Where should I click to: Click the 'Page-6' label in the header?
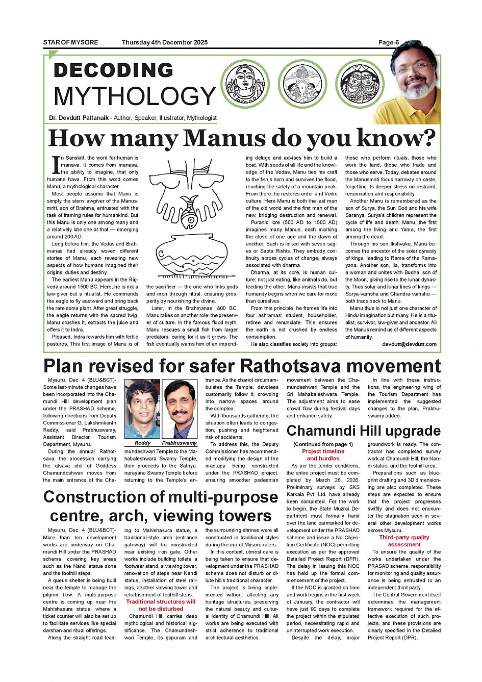pyautogui.click(x=388, y=42)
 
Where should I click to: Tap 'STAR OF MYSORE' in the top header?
pyautogui.click(x=70, y=42)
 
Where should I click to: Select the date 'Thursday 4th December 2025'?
pyautogui.click(x=164, y=42)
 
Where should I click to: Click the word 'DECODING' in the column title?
pyautogui.click(x=113, y=70)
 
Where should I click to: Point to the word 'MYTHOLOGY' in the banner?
pyautogui.click(x=135, y=96)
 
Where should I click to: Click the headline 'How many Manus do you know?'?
pyautogui.click(x=242, y=138)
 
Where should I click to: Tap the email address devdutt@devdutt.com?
pyautogui.click(x=409, y=344)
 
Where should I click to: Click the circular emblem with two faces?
pyautogui.click(x=360, y=84)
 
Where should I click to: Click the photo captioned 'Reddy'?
pyautogui.click(x=142, y=409)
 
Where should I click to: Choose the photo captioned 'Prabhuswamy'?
pyautogui.click(x=180, y=409)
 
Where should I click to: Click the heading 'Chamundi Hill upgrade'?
pyautogui.click(x=363, y=431)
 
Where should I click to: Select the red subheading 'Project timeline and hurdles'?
pyautogui.click(x=323, y=455)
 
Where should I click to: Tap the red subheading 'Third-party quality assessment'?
pyautogui.click(x=404, y=541)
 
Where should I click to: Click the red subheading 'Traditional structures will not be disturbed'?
pyautogui.click(x=161, y=605)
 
